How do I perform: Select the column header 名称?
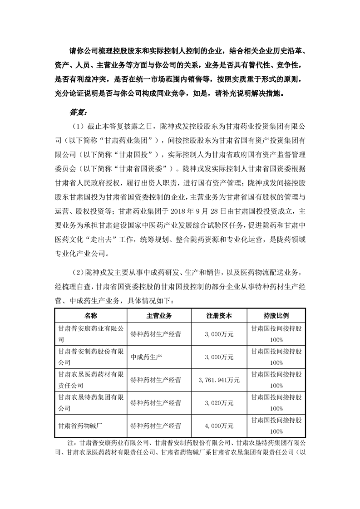(90, 315)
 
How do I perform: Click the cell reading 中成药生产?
(145, 357)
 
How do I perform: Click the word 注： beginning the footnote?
(72, 442)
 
